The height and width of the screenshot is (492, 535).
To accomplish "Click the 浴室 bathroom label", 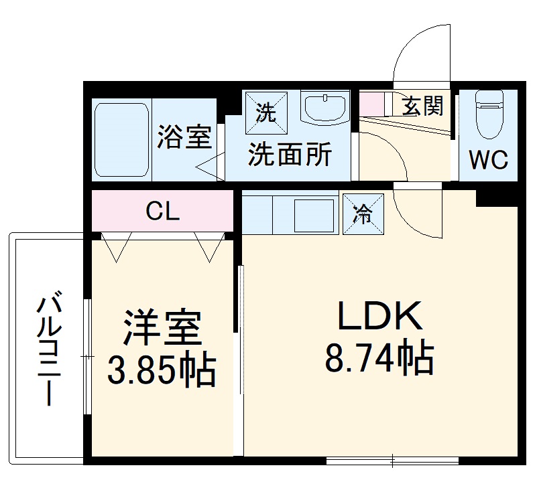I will click(x=184, y=138).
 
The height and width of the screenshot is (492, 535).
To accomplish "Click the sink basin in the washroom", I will click(x=325, y=107).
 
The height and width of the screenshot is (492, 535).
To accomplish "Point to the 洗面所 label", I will click(x=290, y=156).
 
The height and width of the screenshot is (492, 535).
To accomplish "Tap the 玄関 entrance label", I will click(x=422, y=105).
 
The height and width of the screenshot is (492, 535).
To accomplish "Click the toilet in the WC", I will click(x=488, y=111).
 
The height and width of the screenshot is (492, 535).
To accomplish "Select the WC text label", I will click(x=488, y=161).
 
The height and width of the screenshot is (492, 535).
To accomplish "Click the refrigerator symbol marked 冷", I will click(x=363, y=214).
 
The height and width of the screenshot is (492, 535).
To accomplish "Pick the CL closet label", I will click(x=163, y=212).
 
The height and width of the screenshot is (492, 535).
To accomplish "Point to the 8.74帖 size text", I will click(x=379, y=359).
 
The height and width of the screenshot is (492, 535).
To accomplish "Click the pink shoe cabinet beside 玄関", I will click(x=372, y=104).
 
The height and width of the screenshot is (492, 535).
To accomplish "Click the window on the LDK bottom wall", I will click(x=392, y=460).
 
